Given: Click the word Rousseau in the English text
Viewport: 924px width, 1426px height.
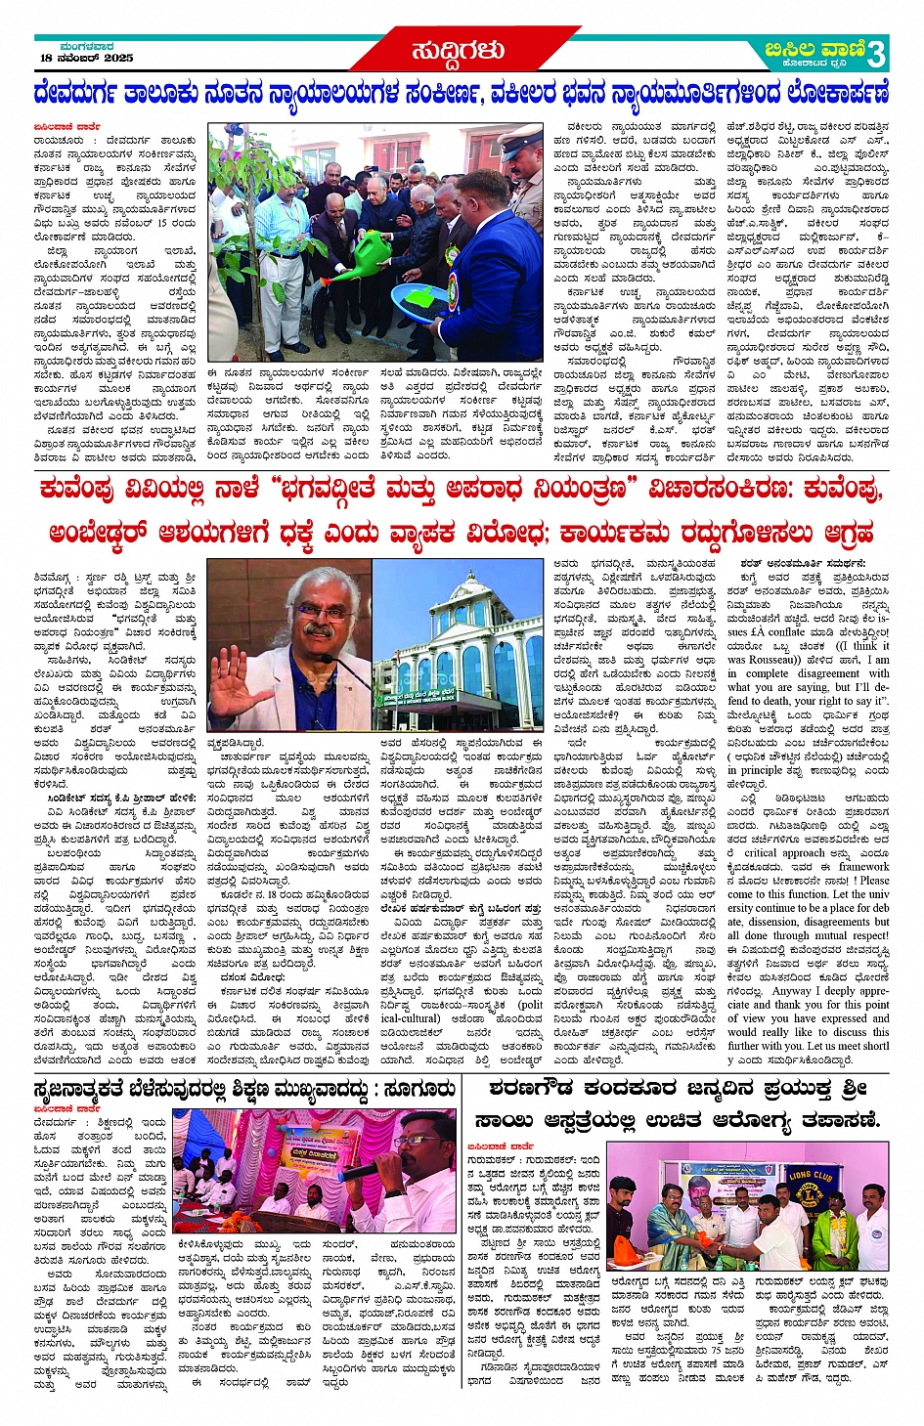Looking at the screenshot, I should click(753, 660).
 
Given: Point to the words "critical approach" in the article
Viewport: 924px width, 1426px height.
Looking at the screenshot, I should click(782, 853).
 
